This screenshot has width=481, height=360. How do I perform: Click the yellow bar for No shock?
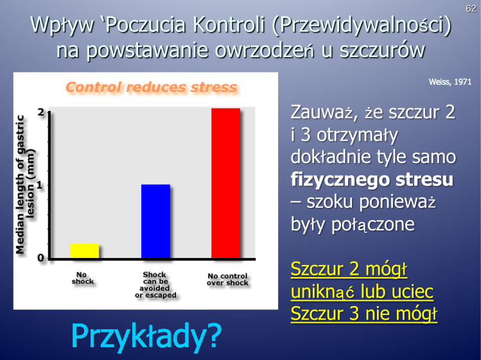[x=85, y=251]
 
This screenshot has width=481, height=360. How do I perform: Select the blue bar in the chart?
[x=155, y=221]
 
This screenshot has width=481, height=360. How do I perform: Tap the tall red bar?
[x=226, y=184]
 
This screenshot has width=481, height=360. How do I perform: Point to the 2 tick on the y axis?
[x=41, y=112]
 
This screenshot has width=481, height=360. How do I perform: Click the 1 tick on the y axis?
[x=39, y=185]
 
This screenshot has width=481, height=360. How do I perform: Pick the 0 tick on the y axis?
[x=41, y=258]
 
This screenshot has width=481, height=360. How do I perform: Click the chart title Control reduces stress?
[x=152, y=87]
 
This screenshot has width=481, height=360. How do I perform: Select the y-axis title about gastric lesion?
[x=26, y=185]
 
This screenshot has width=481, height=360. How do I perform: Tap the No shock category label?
[x=82, y=278]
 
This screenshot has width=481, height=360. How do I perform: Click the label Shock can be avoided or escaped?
[x=155, y=285]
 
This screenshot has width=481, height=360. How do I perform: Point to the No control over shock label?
[x=227, y=279]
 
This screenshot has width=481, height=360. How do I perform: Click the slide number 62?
[x=471, y=8]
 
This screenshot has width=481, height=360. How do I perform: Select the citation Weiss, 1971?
[x=450, y=82]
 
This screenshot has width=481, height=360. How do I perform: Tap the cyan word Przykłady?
[x=146, y=336]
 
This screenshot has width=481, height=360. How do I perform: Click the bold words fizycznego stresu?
[x=372, y=180]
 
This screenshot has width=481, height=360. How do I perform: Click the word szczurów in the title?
[x=382, y=50]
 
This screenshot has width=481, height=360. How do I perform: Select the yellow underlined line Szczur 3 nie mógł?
[x=364, y=314]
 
